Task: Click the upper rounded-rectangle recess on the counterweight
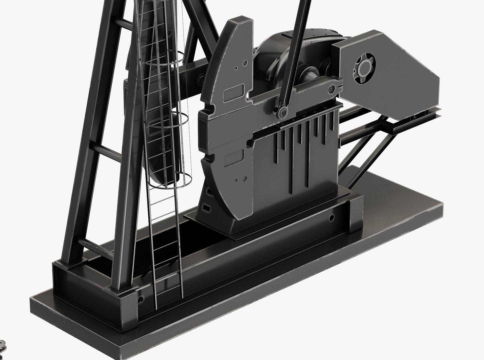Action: [x=233, y=94]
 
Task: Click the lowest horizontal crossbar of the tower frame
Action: [x=97, y=248]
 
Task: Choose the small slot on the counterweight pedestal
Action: [x=206, y=209]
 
